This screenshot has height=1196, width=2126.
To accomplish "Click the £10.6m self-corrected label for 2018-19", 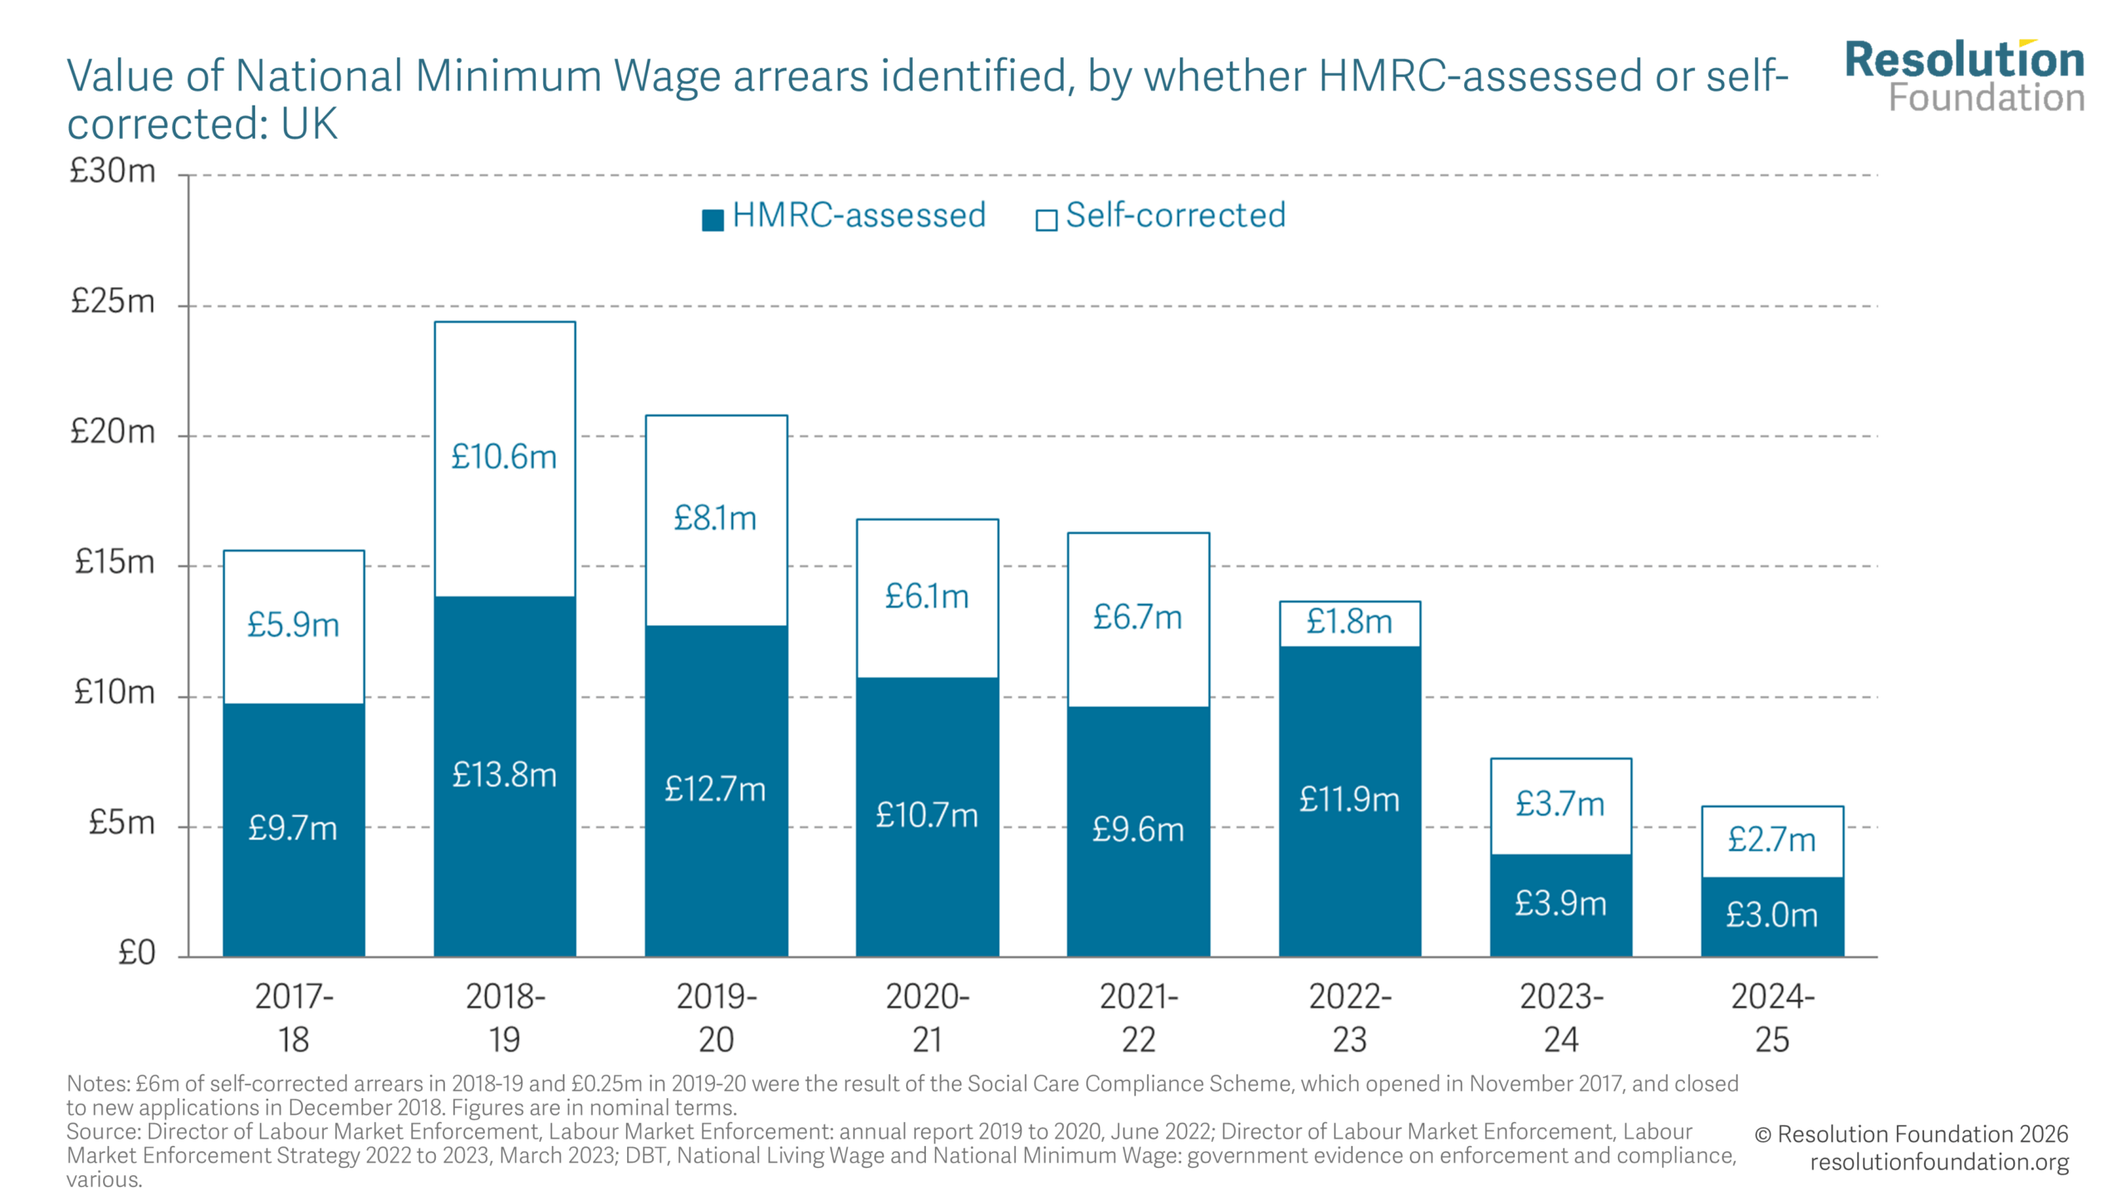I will point(503,457).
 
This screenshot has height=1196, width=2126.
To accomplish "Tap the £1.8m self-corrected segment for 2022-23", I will point(1349,622).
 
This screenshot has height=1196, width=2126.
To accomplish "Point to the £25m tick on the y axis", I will point(113,301).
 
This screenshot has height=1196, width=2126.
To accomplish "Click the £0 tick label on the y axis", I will point(136,953).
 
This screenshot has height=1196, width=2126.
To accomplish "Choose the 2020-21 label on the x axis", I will point(927,1017).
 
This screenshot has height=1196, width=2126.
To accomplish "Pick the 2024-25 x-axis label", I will point(1771,1017).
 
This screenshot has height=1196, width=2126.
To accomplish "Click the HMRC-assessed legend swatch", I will point(713,220).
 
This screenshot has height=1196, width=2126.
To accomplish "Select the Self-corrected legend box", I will point(1046,220).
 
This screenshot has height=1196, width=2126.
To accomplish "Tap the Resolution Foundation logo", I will point(1964,76).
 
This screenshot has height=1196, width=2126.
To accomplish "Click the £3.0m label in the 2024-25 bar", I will point(1771,915).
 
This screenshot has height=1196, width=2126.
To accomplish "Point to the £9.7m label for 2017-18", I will point(292,828).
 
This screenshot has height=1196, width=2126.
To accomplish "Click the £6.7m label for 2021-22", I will point(1137,617).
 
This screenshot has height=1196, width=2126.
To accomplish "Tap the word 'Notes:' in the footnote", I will point(98,1084).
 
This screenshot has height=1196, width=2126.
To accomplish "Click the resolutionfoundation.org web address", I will point(1938,1162).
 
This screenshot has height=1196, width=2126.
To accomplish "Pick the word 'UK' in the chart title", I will point(309,125).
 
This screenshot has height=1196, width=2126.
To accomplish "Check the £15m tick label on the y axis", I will point(114,562).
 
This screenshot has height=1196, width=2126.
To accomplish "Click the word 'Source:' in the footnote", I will point(103,1132).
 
